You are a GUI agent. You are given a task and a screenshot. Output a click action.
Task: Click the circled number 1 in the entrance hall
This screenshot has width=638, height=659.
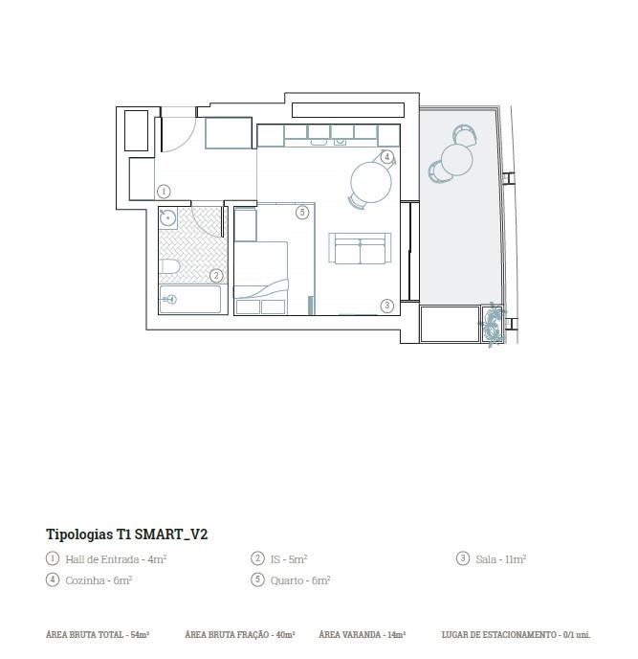(164, 192)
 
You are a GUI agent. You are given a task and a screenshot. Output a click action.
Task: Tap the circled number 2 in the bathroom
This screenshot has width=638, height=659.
(216, 276)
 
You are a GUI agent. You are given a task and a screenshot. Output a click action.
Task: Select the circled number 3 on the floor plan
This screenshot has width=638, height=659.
(387, 306)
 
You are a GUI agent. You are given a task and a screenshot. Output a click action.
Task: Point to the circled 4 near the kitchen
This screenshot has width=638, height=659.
(387, 157)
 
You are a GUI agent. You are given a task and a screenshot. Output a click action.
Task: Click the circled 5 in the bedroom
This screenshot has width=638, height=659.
(302, 213)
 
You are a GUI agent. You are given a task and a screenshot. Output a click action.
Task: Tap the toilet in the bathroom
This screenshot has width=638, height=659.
(169, 266)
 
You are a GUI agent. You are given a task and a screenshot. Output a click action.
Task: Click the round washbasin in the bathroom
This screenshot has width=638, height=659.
(167, 217)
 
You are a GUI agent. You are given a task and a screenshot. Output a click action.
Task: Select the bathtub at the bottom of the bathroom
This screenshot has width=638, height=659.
(190, 299)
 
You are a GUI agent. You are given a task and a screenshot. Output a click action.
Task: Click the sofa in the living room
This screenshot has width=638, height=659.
(361, 248)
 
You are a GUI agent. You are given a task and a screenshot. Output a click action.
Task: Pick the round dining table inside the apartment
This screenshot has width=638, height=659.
(371, 182)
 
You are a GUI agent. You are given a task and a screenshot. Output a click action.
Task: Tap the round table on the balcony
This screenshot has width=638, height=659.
(456, 160)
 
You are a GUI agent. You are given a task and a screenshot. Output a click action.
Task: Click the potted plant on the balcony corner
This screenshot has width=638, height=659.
(493, 324)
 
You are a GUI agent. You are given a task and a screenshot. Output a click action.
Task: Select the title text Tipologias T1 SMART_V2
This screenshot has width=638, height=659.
(127, 534)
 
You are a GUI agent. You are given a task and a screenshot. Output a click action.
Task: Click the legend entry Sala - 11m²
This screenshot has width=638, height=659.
(501, 559)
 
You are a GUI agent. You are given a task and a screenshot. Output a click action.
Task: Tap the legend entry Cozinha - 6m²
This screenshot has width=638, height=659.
(99, 580)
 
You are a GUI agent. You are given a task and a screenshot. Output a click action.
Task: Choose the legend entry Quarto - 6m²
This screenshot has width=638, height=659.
(300, 580)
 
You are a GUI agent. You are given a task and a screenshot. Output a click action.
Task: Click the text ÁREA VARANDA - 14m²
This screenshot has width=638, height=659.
(362, 635)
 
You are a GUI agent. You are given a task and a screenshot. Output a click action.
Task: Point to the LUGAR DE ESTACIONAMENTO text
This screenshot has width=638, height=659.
(499, 635)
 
